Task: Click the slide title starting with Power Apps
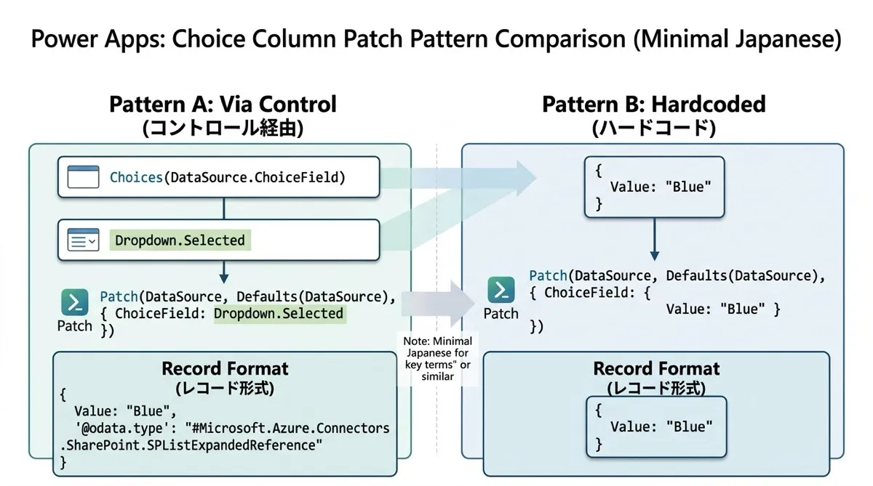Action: tap(436, 39)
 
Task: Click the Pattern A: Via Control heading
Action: tap(223, 105)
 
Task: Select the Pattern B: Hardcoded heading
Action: tap(654, 105)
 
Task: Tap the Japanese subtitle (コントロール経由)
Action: tap(223, 128)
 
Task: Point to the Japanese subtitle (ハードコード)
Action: tap(654, 128)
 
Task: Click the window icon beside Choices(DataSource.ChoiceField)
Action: tap(83, 177)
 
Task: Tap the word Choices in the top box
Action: tap(136, 177)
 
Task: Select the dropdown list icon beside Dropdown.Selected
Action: tap(83, 240)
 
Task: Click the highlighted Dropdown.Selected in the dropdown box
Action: tap(180, 240)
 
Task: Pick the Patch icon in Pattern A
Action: tap(74, 302)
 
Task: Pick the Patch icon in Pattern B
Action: tap(501, 290)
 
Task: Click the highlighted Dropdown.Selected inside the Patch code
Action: tap(279, 314)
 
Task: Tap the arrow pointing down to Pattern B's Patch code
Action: tap(655, 239)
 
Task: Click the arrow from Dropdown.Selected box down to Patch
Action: tap(224, 272)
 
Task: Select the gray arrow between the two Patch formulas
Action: tap(438, 304)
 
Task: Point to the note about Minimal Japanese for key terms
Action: tap(438, 359)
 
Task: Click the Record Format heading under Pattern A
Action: tap(225, 369)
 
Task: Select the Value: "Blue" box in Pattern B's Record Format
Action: tap(657, 427)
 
